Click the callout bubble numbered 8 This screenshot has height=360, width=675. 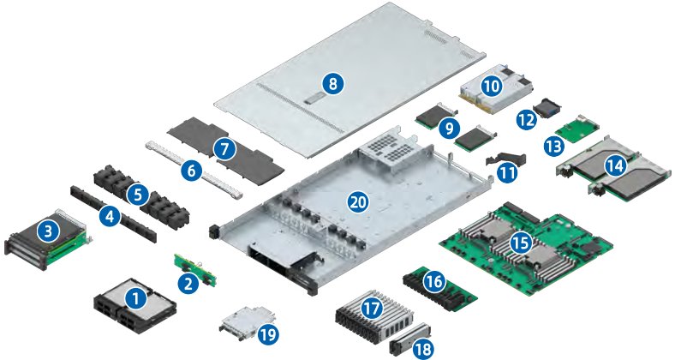click(332, 83)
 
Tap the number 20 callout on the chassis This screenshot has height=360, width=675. click(358, 201)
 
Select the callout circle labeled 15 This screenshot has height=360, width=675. click(521, 243)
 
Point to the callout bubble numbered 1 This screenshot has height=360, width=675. click(135, 298)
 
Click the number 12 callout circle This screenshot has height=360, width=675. click(527, 120)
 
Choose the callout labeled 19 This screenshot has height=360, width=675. click(268, 334)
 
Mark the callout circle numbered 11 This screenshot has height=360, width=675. click(507, 173)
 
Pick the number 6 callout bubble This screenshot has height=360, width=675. click(191, 171)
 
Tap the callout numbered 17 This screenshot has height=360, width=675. click(372, 308)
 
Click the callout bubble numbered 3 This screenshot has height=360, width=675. click(48, 232)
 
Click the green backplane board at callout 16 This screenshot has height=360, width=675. click(440, 289)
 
